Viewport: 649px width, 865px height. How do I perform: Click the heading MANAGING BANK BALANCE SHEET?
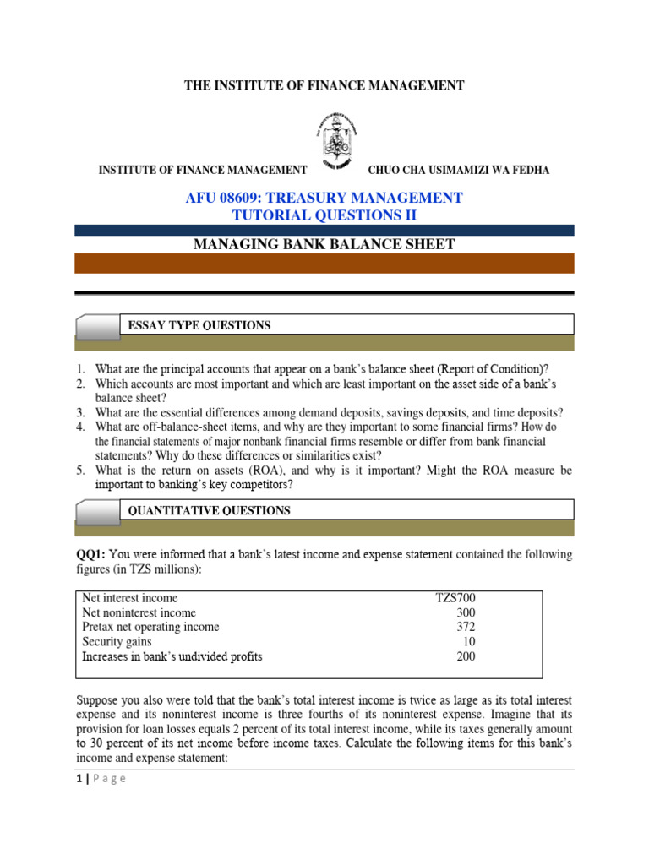(x=324, y=245)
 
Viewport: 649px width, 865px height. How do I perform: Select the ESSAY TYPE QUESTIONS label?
(x=199, y=324)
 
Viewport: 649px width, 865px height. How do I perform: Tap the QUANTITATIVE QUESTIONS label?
(x=209, y=510)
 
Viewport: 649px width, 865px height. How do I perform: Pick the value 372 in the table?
(x=466, y=627)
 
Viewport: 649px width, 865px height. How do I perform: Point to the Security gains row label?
(x=117, y=642)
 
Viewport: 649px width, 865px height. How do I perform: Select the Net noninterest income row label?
(x=139, y=612)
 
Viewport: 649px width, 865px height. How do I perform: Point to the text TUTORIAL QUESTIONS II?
(x=324, y=215)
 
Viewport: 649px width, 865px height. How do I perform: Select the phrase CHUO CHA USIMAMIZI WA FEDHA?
(x=458, y=171)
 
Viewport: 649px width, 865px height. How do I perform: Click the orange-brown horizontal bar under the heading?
(x=324, y=263)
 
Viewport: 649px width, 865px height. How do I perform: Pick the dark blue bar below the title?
(x=324, y=230)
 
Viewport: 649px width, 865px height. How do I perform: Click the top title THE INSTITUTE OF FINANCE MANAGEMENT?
(x=324, y=85)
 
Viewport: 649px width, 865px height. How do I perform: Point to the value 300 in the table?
(x=465, y=612)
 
